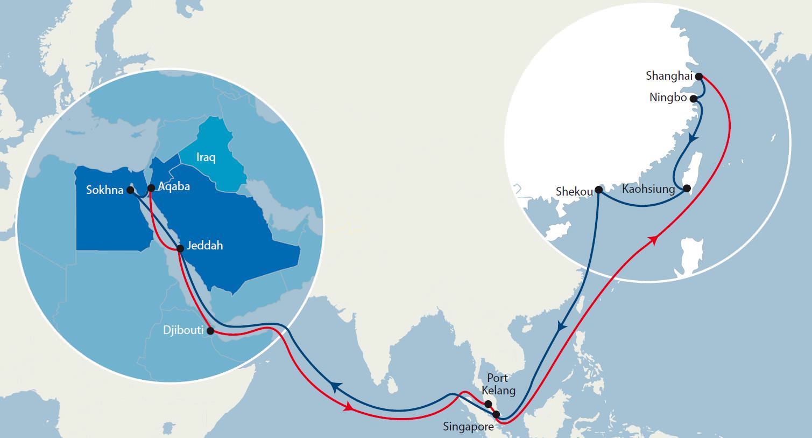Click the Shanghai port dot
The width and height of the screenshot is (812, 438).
coord(698,77)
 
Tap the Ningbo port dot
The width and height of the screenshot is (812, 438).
coord(694,99)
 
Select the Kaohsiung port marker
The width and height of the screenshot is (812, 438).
coord(687,189)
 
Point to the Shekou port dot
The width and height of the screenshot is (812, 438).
coord(598,190)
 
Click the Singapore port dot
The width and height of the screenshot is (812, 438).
coord(496,414)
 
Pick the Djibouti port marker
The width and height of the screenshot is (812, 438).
coord(210,330)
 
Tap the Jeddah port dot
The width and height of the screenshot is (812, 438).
coord(180,248)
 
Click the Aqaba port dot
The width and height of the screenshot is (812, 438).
coord(151,188)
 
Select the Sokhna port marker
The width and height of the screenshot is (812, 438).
coord(130,190)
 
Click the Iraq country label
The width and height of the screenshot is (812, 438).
coord(206,157)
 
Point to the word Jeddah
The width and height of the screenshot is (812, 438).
coord(205,246)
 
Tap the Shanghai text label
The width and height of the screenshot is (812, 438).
coord(669,76)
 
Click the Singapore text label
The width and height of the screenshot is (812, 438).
coord(468,427)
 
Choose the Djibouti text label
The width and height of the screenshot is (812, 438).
coord(183,330)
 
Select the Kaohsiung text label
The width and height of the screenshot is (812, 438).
coord(648,189)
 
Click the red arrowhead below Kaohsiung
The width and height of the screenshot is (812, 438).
coord(654,240)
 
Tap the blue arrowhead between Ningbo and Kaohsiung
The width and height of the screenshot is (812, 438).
coord(693,139)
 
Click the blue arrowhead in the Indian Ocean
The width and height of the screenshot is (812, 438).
coord(336,387)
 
